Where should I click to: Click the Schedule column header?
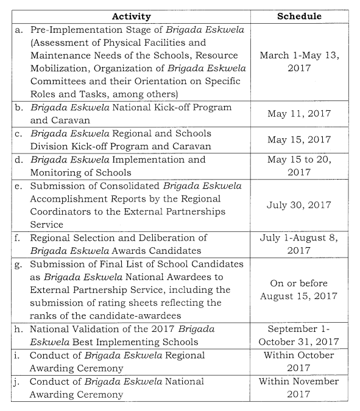click(x=299, y=16)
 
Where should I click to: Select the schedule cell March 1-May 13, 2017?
click(x=299, y=61)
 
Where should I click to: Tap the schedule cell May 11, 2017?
click(x=299, y=114)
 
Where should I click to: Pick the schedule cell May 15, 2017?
click(x=299, y=139)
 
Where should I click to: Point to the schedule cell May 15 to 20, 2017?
click(x=299, y=166)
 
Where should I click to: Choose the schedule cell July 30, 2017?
click(x=299, y=205)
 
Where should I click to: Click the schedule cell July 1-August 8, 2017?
click(x=299, y=244)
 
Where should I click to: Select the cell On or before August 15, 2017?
click(x=299, y=290)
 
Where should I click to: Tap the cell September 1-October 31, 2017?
click(x=299, y=335)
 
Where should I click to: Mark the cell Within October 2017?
click(x=299, y=361)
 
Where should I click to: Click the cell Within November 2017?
click(x=299, y=387)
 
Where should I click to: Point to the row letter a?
click(x=18, y=29)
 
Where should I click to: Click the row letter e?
click(x=18, y=185)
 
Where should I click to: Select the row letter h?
click(x=18, y=329)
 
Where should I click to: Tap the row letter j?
click(x=18, y=381)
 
